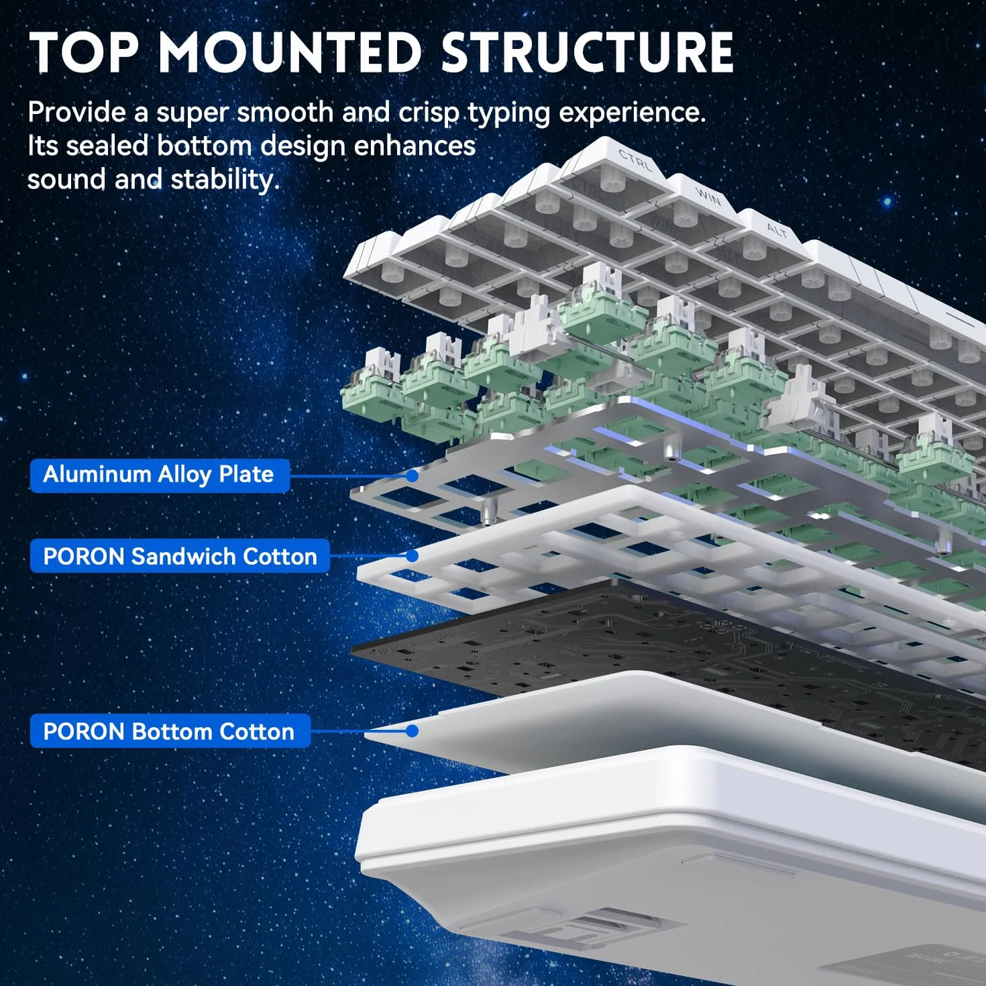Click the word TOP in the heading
coord(84,52)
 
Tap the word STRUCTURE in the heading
coord(588,52)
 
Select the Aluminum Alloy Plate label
coord(160,476)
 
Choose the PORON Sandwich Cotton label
coord(180,556)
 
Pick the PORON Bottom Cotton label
coord(170,731)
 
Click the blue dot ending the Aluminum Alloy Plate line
coord(413,476)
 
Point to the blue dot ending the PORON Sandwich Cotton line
coord(413,555)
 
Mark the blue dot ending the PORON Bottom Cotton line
coord(413,731)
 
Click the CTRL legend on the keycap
coord(635,161)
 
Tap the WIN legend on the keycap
coord(708,197)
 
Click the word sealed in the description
coord(107,146)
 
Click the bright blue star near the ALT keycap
coord(888,201)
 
